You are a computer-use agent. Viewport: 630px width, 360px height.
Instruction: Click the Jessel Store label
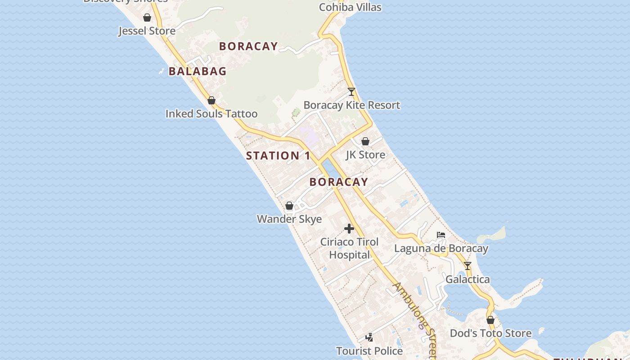click(147, 31)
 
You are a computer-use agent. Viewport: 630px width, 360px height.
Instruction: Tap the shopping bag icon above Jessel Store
click(147, 18)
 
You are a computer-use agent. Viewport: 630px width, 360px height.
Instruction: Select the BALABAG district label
click(198, 71)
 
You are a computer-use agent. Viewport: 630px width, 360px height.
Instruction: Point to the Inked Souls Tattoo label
click(211, 114)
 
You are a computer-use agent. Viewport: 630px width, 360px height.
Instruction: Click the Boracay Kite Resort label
click(351, 105)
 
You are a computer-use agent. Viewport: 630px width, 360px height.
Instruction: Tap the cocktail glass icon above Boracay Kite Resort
click(351, 92)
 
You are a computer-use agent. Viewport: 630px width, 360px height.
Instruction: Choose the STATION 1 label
click(278, 156)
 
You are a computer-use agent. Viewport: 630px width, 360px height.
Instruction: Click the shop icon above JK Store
click(365, 141)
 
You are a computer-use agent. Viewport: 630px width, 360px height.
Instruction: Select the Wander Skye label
click(289, 219)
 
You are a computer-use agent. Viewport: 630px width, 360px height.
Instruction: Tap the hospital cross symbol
click(349, 229)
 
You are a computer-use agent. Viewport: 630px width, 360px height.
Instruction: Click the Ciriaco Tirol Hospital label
click(349, 248)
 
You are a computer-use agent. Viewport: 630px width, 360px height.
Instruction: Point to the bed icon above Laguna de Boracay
click(441, 235)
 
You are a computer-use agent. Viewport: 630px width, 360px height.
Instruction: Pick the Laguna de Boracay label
click(441, 248)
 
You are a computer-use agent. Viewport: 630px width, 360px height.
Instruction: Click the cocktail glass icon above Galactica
click(468, 266)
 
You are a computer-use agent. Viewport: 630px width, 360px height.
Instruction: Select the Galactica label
click(468, 279)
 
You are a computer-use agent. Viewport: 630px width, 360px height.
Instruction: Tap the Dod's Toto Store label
click(490, 333)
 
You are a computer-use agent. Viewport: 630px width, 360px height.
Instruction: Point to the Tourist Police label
click(369, 351)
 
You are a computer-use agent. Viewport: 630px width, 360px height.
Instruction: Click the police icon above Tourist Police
click(369, 337)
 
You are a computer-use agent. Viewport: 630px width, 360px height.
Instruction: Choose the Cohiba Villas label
click(350, 7)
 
